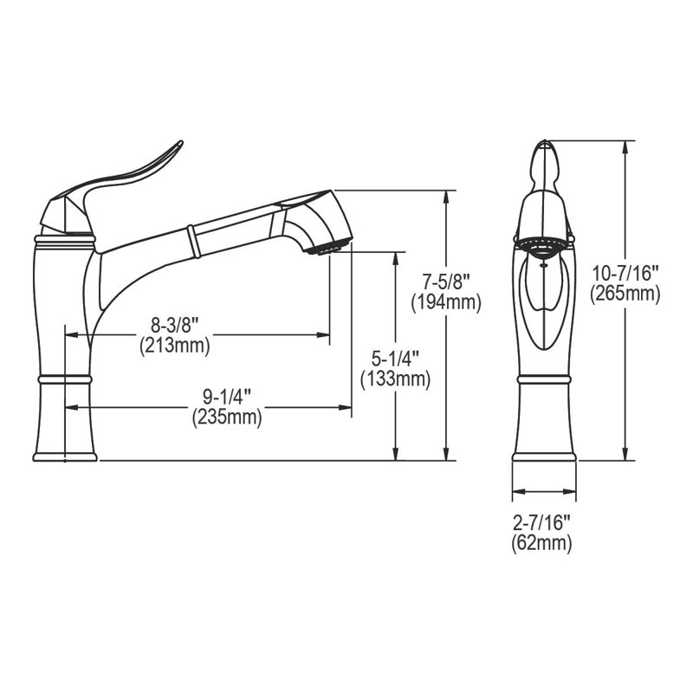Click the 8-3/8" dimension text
(175, 327)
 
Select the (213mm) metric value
(175, 346)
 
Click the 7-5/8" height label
(445, 282)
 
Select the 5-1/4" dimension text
(395, 359)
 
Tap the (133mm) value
(395, 378)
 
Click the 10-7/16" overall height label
(625, 275)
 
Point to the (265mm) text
(625, 294)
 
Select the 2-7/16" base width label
(543, 524)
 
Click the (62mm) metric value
(543, 543)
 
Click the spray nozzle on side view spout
(327, 249)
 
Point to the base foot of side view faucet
(63, 455)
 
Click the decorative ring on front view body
(543, 380)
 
